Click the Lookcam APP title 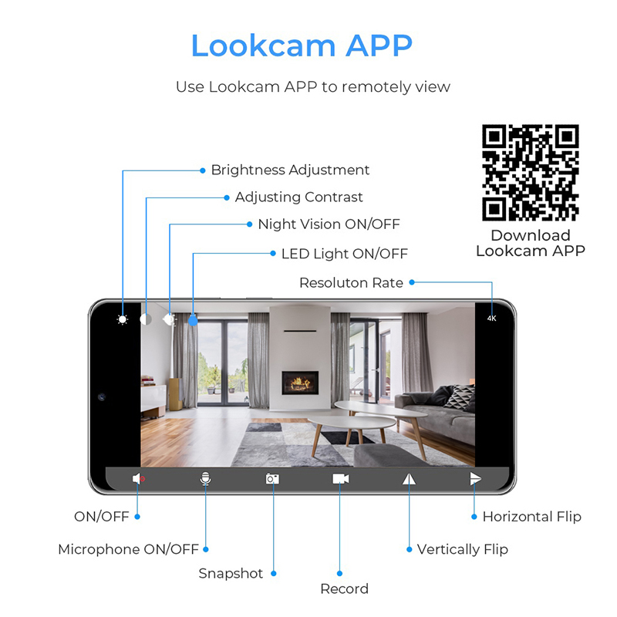click(x=301, y=46)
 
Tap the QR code click(x=531, y=173)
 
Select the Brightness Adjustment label click(x=290, y=170)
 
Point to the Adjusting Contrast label click(x=298, y=197)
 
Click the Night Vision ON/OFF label click(x=329, y=224)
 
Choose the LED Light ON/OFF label click(x=344, y=254)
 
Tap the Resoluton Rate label click(x=351, y=283)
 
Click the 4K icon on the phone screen click(x=492, y=318)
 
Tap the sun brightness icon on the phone click(x=123, y=319)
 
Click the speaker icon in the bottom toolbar click(x=138, y=479)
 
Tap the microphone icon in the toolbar click(x=205, y=479)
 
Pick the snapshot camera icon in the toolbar click(x=272, y=479)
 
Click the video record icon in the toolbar click(x=340, y=479)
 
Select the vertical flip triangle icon click(x=408, y=479)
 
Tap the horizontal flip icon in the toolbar click(x=475, y=479)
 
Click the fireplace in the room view click(x=300, y=381)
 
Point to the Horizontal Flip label click(x=531, y=517)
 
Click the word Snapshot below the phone click(x=231, y=574)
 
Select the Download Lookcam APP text click(x=531, y=243)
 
